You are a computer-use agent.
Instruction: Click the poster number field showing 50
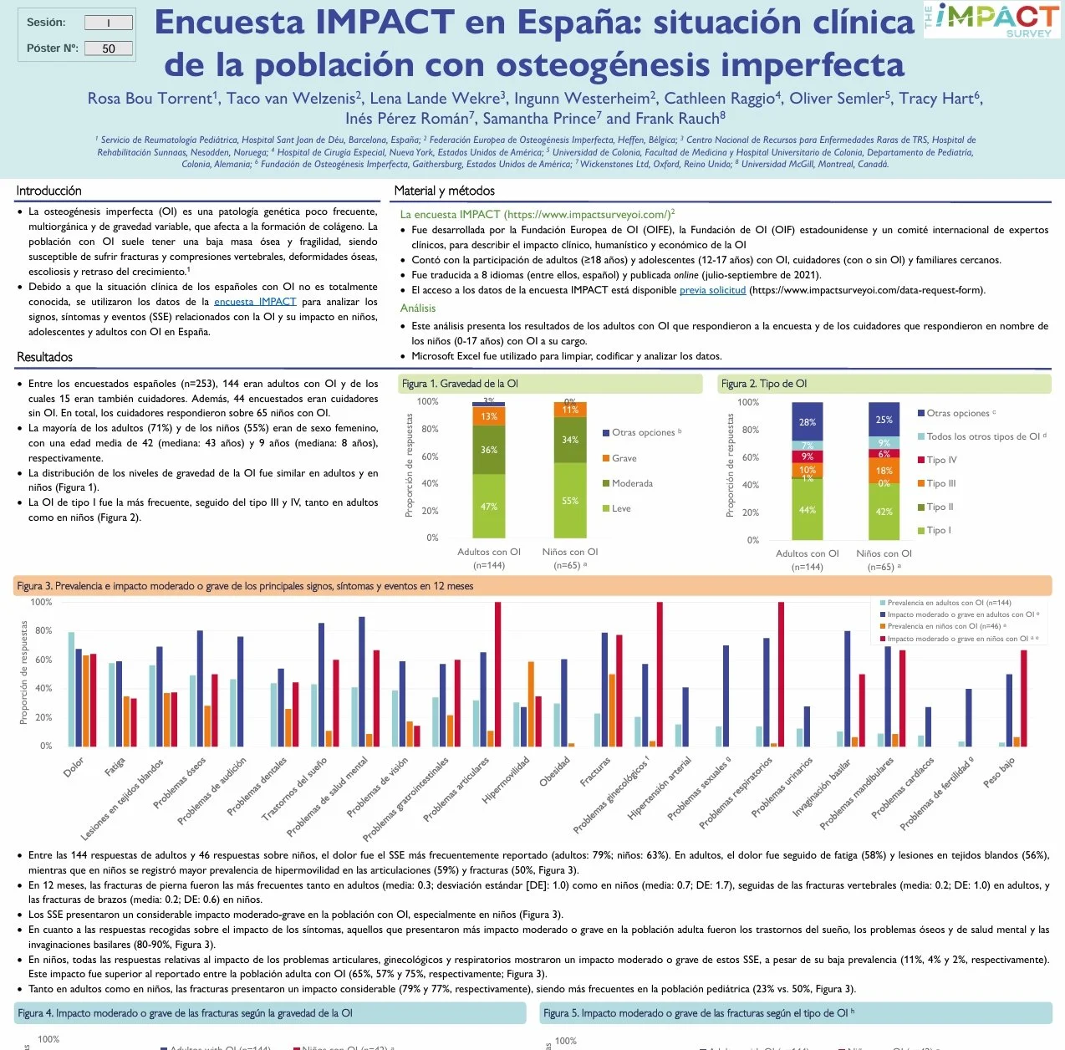click(109, 48)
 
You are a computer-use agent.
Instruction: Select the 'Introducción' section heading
click(49, 191)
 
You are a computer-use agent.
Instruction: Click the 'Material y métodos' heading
click(444, 191)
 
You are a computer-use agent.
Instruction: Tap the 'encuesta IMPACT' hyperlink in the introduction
click(255, 302)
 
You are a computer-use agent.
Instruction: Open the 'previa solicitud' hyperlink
click(712, 290)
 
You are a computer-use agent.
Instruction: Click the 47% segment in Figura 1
click(489, 507)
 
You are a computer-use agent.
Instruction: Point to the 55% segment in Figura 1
click(570, 501)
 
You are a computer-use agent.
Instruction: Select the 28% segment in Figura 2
click(807, 422)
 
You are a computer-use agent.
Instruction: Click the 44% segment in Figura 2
click(807, 510)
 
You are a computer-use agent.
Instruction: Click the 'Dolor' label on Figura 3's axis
click(74, 767)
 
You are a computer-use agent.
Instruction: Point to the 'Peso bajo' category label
click(999, 772)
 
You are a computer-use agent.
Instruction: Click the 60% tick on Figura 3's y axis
click(43, 660)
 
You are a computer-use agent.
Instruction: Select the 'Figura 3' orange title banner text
click(245, 586)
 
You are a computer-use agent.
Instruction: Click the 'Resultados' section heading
click(44, 357)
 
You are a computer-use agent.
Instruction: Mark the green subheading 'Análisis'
click(418, 308)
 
